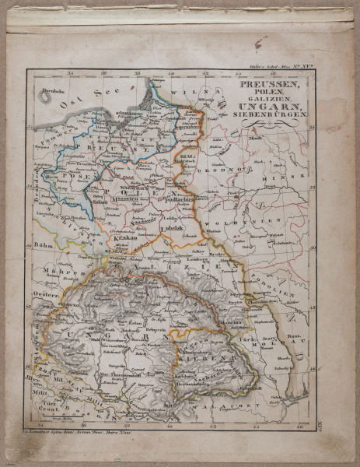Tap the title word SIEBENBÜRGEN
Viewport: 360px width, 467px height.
coord(269,115)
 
